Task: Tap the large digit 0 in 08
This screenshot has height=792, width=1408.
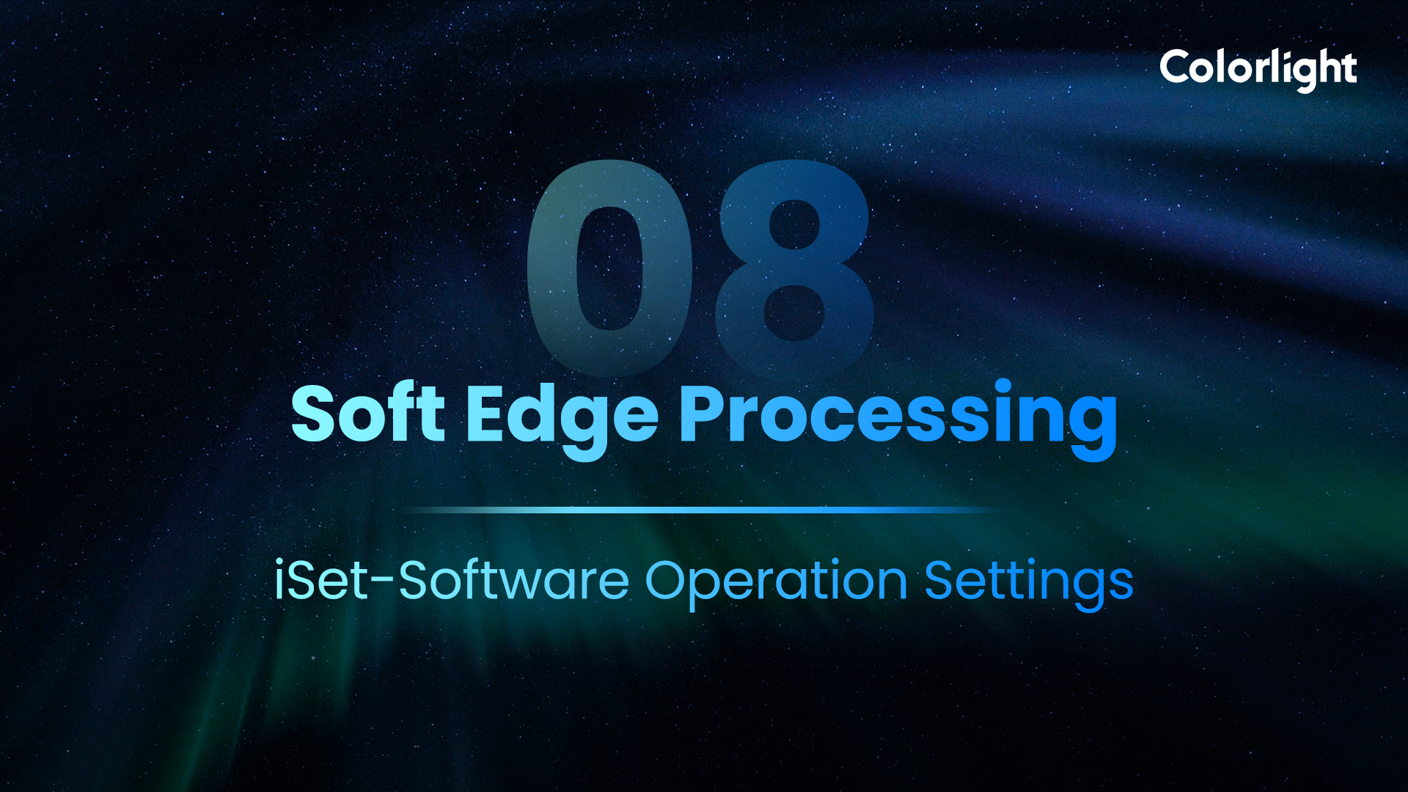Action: (609, 268)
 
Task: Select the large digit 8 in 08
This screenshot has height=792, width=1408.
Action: (794, 268)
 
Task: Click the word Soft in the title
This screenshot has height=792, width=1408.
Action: (368, 414)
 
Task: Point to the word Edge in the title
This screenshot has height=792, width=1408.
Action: (562, 419)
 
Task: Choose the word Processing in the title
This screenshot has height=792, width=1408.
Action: (898, 419)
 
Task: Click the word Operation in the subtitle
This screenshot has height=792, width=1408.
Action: (777, 584)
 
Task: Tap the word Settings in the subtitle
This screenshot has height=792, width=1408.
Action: (1029, 584)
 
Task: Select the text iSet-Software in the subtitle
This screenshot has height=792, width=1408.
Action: (452, 580)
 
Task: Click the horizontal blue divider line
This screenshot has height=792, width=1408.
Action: (700, 509)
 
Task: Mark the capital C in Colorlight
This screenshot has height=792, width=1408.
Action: (1177, 68)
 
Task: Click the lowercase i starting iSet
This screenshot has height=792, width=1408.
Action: (279, 580)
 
